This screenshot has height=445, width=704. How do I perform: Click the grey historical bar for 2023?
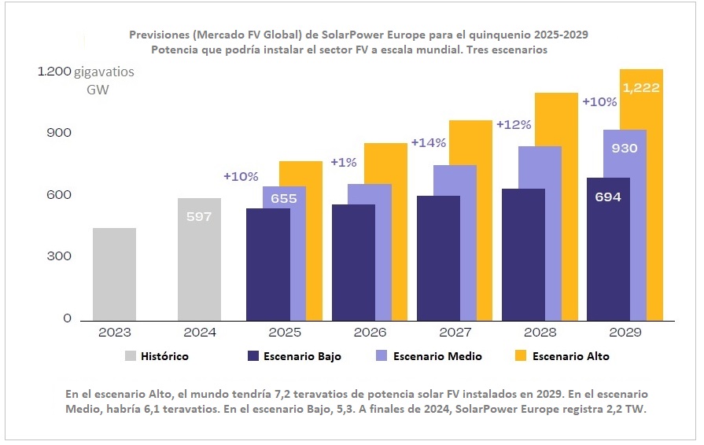(x=114, y=274)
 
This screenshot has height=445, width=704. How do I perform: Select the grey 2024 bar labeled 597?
(x=199, y=259)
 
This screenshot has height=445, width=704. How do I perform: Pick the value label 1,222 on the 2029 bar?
(x=641, y=88)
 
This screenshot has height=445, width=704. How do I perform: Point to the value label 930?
(x=624, y=148)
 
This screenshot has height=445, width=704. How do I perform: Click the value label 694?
(x=608, y=197)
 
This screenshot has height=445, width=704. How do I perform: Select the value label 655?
(x=284, y=199)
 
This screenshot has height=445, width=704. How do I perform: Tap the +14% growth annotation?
(x=429, y=143)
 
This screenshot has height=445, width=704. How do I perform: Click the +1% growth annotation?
(x=344, y=162)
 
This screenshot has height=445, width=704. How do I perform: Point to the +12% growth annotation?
(x=514, y=124)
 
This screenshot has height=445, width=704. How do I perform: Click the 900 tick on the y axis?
(x=61, y=133)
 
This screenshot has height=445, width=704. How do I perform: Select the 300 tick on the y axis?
(x=61, y=256)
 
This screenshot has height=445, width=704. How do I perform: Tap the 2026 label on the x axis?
(x=369, y=333)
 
